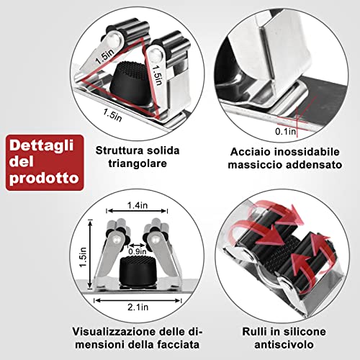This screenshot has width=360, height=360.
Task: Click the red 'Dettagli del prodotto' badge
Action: (x=45, y=163)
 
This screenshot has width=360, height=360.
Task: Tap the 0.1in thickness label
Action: (x=285, y=132)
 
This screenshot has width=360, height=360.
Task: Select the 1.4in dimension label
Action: (x=138, y=205)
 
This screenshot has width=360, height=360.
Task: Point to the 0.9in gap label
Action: (x=138, y=251)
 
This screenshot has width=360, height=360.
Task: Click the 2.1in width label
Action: (x=138, y=307)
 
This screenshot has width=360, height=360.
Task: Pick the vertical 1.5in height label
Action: (x=83, y=257)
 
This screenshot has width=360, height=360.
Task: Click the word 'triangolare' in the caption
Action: (x=138, y=163)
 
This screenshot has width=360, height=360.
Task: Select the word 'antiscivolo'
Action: (x=284, y=345)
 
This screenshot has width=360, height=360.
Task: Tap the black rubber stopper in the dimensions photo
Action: (x=138, y=269)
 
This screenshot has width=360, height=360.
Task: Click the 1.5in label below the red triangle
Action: (x=112, y=115)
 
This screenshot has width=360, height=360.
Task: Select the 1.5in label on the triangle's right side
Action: (x=157, y=75)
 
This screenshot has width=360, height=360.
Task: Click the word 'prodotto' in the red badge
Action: (x=45, y=178)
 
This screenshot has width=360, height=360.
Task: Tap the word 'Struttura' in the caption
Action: (x=120, y=150)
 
